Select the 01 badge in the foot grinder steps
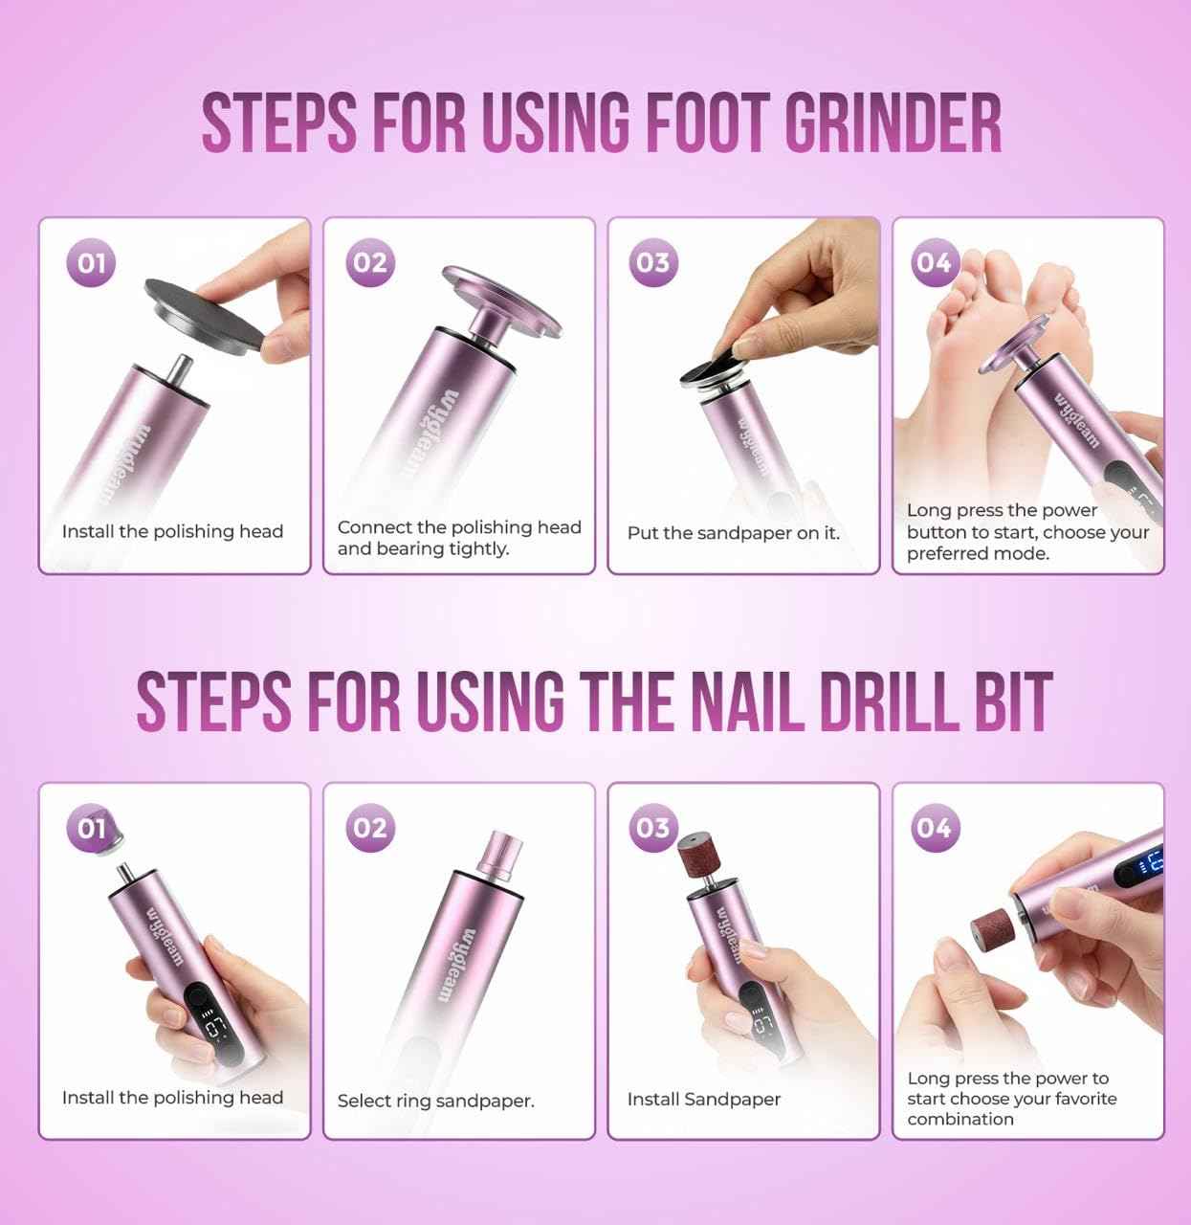click(91, 262)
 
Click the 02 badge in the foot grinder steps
click(370, 262)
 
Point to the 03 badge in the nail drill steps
click(652, 827)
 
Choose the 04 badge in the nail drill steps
click(933, 827)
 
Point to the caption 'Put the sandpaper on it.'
click(733, 533)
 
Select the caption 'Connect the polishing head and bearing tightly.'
click(458, 538)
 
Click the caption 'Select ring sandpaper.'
click(435, 1101)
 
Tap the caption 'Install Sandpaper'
click(703, 1100)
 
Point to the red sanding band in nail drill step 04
click(988, 929)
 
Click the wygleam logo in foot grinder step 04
click(1078, 419)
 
